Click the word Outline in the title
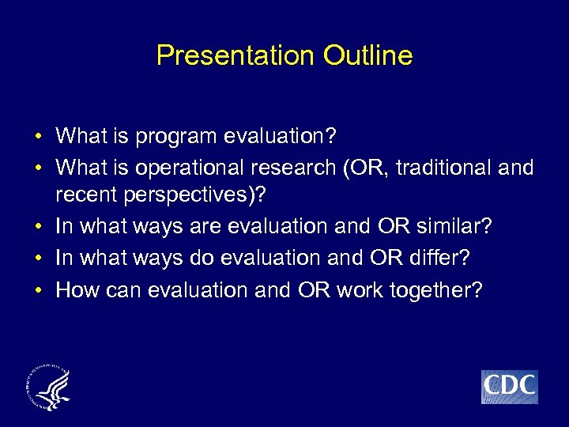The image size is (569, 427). pos(367,55)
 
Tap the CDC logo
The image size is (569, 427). pos(510,387)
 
